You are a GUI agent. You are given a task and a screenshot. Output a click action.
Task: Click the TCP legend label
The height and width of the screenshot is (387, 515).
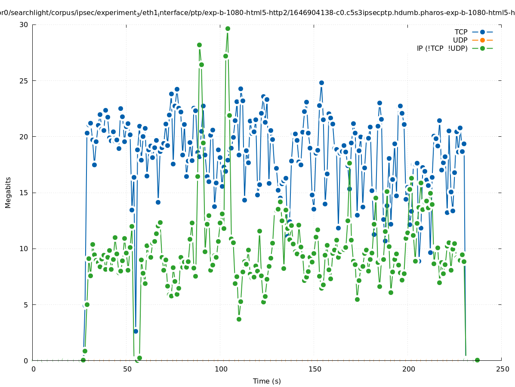pos(461,32)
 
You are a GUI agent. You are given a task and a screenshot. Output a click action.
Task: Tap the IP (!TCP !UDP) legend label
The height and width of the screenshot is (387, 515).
pos(442,49)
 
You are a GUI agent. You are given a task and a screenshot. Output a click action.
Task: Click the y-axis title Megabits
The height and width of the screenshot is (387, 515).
pos(8,192)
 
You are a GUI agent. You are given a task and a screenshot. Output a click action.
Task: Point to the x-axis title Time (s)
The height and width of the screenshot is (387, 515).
pos(267,381)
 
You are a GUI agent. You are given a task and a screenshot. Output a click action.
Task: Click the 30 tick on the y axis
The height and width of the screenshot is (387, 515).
pos(24,25)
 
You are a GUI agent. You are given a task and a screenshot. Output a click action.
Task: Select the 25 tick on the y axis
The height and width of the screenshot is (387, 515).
pos(24,81)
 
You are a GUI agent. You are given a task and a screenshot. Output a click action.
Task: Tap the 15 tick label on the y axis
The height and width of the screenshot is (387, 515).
pos(24,193)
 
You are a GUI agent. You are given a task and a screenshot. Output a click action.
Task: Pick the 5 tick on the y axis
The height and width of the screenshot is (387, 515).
pos(26,305)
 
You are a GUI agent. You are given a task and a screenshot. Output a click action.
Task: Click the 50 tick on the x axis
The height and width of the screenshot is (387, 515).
pos(127,369)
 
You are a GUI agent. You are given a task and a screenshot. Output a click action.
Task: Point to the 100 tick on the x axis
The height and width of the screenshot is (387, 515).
pos(221,369)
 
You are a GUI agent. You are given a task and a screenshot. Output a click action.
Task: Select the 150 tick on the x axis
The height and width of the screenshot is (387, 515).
pos(315,369)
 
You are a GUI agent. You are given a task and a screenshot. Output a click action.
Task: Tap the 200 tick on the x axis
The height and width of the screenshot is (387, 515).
pos(408,369)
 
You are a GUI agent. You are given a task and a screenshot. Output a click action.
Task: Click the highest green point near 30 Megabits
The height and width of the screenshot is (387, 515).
pos(228,29)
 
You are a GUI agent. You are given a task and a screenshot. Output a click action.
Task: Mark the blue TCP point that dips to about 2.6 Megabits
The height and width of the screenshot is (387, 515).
pos(136,331)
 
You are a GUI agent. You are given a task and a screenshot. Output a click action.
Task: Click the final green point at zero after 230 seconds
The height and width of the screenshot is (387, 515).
pos(477,360)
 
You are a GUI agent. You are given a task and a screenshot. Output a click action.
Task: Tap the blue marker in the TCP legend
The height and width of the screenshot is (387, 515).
pos(482,32)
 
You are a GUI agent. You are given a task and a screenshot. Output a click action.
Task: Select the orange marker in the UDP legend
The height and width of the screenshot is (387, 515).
pos(482,40)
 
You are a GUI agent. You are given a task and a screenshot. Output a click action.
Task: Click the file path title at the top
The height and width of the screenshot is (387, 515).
pos(257,13)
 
